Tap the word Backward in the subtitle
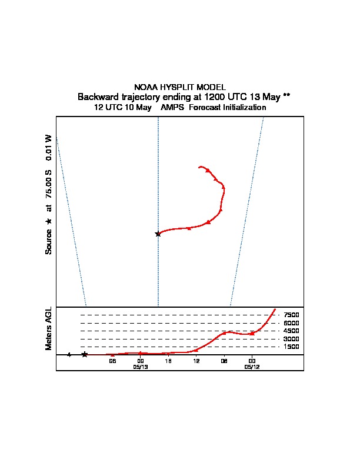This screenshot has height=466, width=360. (98, 96)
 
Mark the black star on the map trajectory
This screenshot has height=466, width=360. (158, 234)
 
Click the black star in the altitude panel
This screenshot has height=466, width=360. (85, 354)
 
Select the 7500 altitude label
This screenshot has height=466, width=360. (291, 315)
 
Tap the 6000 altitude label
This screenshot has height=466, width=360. (291, 323)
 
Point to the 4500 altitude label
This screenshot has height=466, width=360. (291, 331)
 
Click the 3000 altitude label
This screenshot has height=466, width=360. (291, 339)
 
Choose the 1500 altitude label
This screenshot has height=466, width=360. (291, 347)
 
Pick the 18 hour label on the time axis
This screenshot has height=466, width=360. (168, 361)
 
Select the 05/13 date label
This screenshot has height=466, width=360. (140, 367)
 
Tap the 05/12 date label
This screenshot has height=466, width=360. (252, 367)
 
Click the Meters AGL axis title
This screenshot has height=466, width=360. (49, 328)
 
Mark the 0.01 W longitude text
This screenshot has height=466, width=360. (49, 148)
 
